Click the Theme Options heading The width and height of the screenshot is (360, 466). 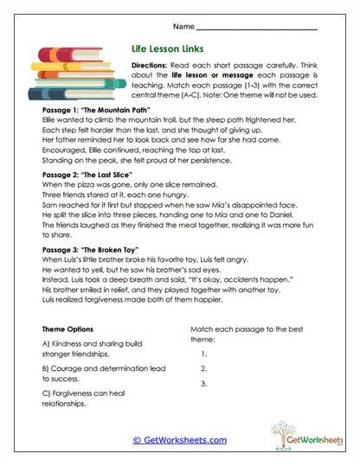tap(74, 329)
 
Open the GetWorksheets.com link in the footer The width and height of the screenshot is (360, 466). tap(179, 440)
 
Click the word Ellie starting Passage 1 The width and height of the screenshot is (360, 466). tap(51, 123)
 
